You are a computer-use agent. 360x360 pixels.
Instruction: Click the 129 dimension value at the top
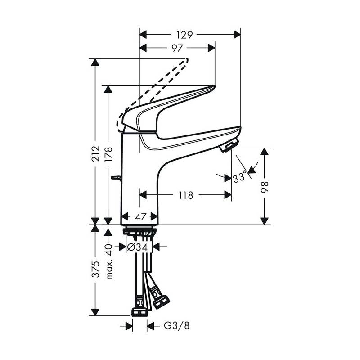(184, 35)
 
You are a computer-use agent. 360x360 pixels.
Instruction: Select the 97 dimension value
(177, 48)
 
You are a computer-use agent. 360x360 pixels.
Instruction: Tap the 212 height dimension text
(95, 153)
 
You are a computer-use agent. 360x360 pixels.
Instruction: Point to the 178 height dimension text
(108, 154)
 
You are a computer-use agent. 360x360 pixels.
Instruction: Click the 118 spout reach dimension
(186, 195)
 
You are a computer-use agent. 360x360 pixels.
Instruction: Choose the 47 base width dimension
(140, 216)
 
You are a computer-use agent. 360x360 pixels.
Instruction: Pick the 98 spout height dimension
(265, 187)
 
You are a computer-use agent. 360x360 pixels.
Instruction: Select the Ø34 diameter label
(137, 247)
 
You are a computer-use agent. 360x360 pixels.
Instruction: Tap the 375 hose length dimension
(95, 269)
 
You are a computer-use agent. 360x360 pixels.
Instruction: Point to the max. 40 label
(109, 261)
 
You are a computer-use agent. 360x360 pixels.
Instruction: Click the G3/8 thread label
(176, 325)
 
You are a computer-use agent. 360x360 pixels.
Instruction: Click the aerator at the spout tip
(229, 145)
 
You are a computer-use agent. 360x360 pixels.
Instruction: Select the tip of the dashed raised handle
(187, 60)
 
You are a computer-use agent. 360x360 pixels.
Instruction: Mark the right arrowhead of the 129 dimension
(237, 35)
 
